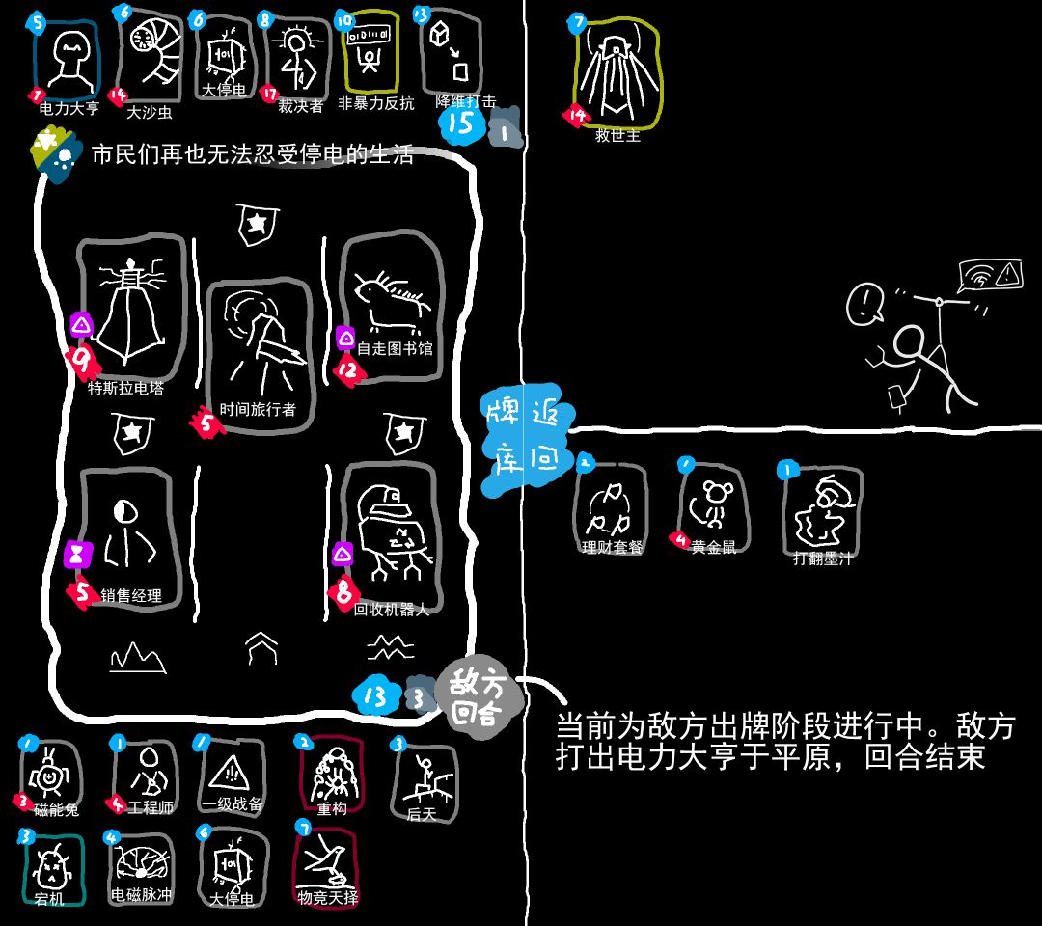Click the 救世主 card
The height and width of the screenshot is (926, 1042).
617,72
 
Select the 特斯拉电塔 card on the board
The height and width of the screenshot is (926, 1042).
130,309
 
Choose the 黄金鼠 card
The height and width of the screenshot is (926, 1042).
713,506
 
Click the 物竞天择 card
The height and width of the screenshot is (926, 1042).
329,863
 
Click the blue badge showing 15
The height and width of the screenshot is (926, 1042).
461,123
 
